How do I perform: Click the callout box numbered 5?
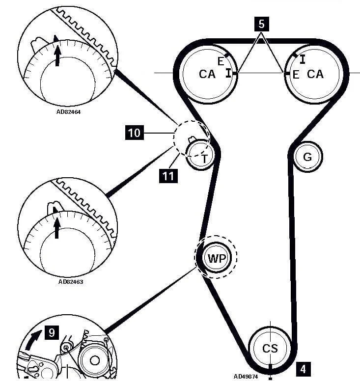click(261, 23)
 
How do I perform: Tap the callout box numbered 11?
click(168, 175)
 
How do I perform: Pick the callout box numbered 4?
click(304, 368)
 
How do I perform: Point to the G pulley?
click(307, 157)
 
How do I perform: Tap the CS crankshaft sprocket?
click(270, 349)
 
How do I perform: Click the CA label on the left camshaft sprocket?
click(207, 74)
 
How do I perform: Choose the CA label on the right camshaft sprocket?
click(315, 74)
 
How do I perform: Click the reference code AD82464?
click(69, 111)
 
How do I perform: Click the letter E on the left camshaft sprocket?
click(221, 62)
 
